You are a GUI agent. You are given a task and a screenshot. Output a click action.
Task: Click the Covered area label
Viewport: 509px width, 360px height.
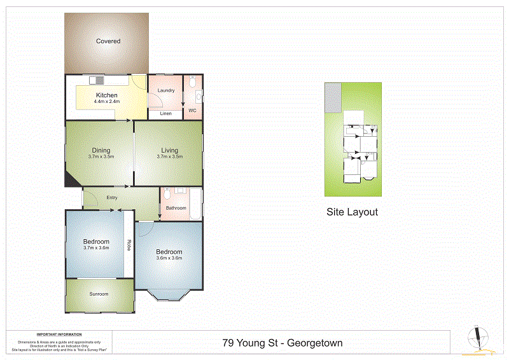pos(108,41)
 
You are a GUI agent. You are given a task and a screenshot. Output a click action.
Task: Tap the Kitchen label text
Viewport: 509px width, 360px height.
pos(107,95)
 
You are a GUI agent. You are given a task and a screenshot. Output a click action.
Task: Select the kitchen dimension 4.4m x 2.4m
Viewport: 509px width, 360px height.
pos(107,102)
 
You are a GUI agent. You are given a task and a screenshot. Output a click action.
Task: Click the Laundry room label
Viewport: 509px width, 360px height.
pos(166,91)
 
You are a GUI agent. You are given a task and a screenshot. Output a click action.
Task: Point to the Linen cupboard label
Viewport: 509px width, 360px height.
pos(166,114)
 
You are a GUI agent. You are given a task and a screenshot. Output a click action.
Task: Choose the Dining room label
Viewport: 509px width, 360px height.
pos(101,151)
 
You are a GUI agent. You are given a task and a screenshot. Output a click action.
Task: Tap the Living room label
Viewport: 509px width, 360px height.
pos(169,151)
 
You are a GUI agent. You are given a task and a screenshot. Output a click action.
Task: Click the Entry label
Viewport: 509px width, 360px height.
pos(112,198)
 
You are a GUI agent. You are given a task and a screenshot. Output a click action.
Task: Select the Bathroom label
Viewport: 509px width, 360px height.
pos(176,208)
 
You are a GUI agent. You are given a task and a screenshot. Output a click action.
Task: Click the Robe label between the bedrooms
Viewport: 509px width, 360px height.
pos(129,244)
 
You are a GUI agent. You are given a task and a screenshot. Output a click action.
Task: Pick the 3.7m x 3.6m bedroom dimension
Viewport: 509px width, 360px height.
pos(97,248)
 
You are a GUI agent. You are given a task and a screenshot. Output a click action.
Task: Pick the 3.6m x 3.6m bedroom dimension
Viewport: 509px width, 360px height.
pos(169,258)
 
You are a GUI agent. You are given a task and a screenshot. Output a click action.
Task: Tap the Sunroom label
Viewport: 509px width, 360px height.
pos(99,294)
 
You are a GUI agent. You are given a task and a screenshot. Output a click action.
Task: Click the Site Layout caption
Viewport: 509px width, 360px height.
pos(352,212)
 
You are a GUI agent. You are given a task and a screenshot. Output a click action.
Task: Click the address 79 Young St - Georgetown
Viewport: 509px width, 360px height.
pos(282,343)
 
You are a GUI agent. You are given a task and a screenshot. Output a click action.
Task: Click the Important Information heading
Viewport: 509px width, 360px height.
pos(59,335)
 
